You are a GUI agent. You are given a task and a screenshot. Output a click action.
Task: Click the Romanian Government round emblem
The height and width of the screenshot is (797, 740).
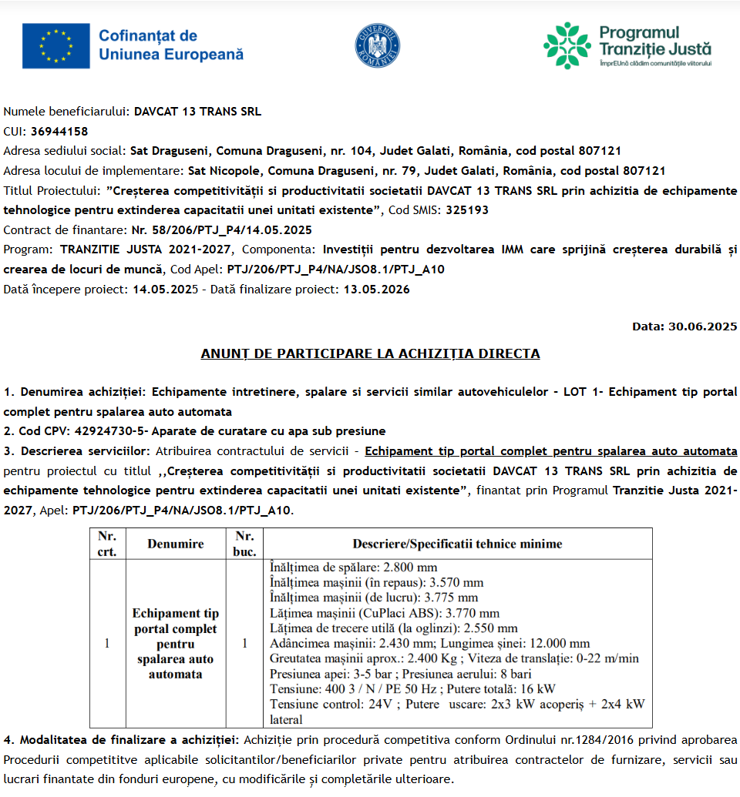click(378, 45)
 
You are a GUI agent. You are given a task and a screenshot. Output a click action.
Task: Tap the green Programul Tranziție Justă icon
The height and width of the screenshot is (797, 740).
click(567, 45)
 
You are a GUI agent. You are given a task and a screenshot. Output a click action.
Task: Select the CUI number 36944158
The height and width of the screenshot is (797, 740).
click(59, 131)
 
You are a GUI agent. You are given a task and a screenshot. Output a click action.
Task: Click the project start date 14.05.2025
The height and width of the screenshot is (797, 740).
click(165, 290)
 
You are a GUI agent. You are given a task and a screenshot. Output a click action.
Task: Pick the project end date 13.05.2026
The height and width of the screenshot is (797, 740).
click(376, 290)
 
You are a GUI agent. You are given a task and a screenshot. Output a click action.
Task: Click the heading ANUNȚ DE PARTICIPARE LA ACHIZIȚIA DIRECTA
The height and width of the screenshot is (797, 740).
click(370, 353)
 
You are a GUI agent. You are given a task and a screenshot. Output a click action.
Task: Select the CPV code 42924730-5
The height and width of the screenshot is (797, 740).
click(106, 430)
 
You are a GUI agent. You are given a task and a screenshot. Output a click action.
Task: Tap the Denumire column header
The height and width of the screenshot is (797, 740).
click(176, 544)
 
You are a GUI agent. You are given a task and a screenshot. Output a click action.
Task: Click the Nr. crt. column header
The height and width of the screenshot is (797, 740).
click(107, 543)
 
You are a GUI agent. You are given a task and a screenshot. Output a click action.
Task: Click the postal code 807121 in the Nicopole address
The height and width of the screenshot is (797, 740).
click(644, 170)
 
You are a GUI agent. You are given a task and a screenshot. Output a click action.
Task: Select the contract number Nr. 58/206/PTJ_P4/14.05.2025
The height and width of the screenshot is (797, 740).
click(221, 229)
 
